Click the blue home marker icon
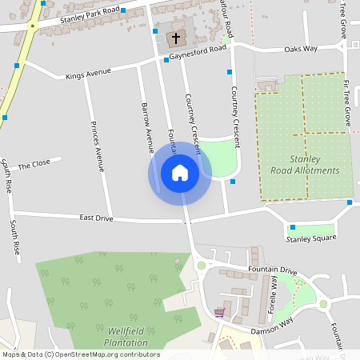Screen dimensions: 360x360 pos(180,173)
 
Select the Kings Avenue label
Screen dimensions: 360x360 pos(88,73)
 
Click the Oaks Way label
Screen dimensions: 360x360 pos(301,49)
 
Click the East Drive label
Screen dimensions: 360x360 pos(97,218)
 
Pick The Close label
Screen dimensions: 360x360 pos(34,164)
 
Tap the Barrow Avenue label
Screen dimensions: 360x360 pos(146,128)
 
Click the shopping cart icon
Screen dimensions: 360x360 pos(220,313)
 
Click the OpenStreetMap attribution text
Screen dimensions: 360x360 pos(81,354)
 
